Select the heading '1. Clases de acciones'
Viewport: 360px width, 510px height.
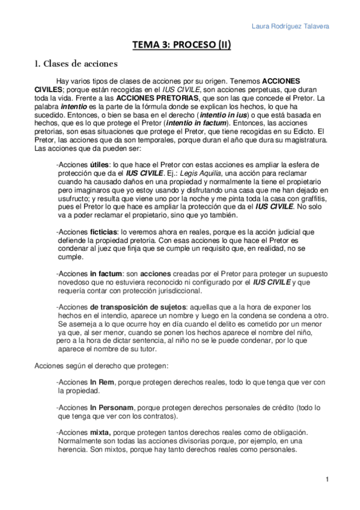point(76,63)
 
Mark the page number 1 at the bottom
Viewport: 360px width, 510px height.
point(326,479)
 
